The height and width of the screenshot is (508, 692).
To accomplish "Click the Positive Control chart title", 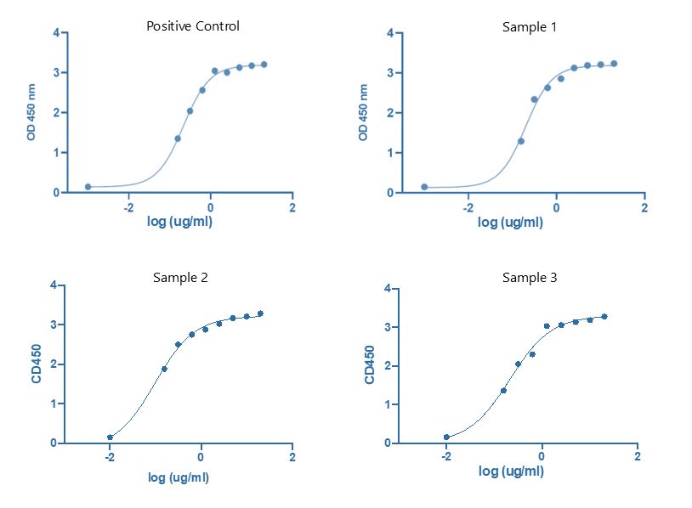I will [193, 26].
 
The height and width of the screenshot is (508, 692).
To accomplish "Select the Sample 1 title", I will [529, 27].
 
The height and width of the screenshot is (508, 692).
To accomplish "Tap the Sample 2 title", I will [180, 277].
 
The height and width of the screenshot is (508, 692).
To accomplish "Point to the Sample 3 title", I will [529, 278].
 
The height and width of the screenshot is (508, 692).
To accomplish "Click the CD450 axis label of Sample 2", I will [37, 364].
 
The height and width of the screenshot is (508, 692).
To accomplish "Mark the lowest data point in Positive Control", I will [88, 187].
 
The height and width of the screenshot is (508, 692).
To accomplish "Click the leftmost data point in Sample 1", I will [424, 187].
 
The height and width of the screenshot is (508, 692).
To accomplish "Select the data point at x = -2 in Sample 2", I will [110, 437].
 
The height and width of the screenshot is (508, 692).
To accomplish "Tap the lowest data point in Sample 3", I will [446, 437].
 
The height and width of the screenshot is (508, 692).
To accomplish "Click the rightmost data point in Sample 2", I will [260, 313].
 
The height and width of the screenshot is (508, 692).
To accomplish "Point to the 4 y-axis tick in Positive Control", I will [56, 33].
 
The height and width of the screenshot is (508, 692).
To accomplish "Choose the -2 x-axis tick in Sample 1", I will [468, 207].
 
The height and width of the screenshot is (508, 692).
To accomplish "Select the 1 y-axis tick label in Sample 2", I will [54, 404].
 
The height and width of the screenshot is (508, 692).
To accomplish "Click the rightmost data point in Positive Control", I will [264, 65].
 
